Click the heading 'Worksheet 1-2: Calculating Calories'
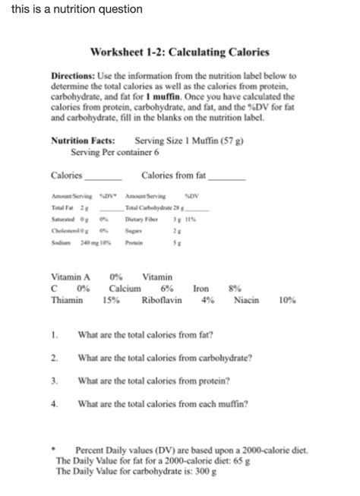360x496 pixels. [179, 54]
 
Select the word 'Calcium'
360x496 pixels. [125, 289]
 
